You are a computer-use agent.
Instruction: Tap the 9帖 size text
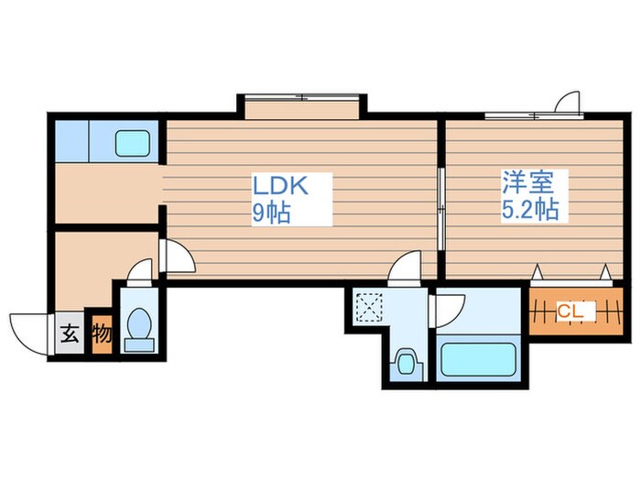272,213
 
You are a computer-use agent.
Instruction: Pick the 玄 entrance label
69,334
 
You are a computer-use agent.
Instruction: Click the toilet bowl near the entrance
139,328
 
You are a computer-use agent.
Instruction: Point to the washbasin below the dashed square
405,361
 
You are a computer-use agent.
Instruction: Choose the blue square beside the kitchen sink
69,140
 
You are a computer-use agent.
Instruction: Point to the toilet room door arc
139,272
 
